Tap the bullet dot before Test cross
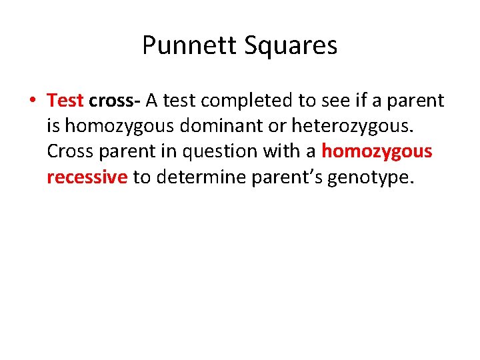(32, 101)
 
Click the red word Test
(65, 101)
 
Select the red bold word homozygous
(377, 152)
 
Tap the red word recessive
(87, 177)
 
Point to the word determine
(199, 177)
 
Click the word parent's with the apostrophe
(285, 177)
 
